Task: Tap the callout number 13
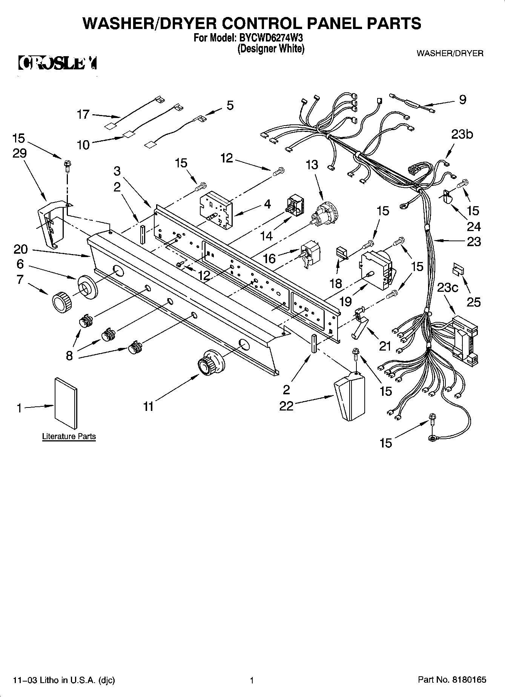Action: coord(312,165)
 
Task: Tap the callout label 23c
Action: coord(448,288)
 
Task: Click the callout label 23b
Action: coord(462,134)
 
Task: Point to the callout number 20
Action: coord(21,249)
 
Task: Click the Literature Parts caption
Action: coord(69,437)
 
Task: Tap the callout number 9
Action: coord(463,100)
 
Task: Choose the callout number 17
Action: coord(83,114)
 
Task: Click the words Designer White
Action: coord(271,49)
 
